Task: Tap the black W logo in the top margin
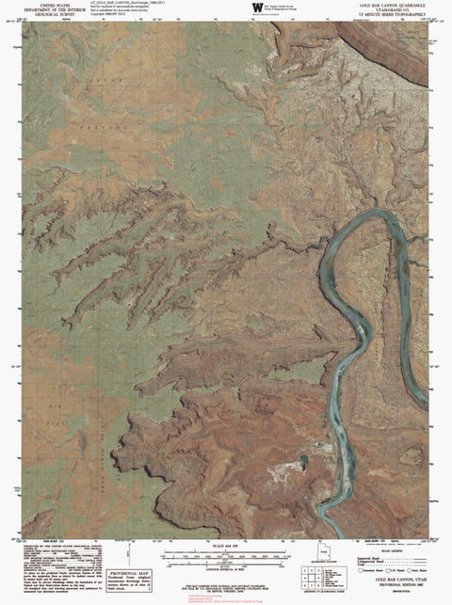pyautogui.click(x=256, y=8)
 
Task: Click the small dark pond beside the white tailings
pyautogui.click(x=304, y=460)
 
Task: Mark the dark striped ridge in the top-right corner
pyautogui.click(x=395, y=42)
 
